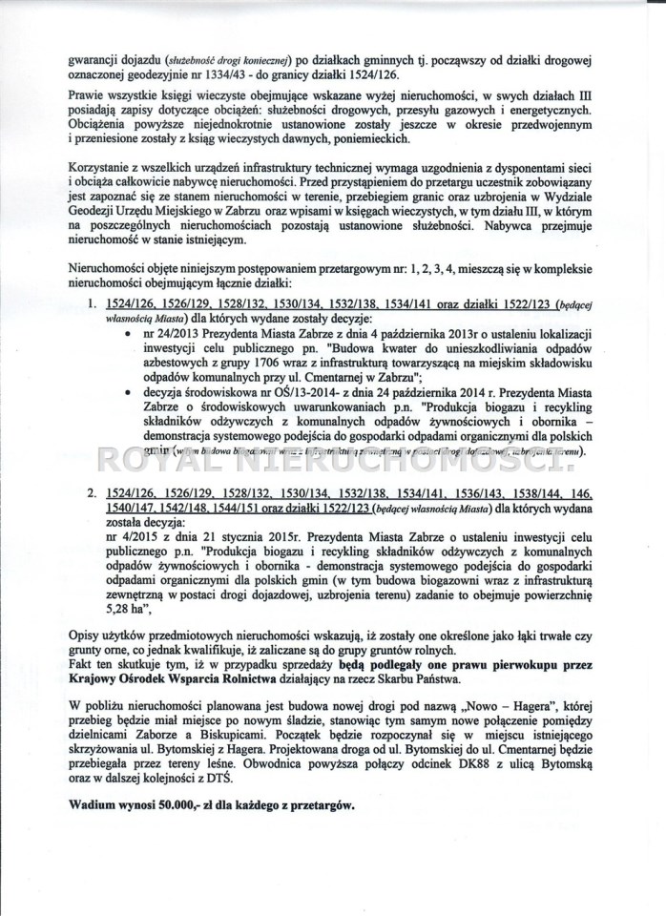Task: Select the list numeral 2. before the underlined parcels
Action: tap(94, 497)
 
